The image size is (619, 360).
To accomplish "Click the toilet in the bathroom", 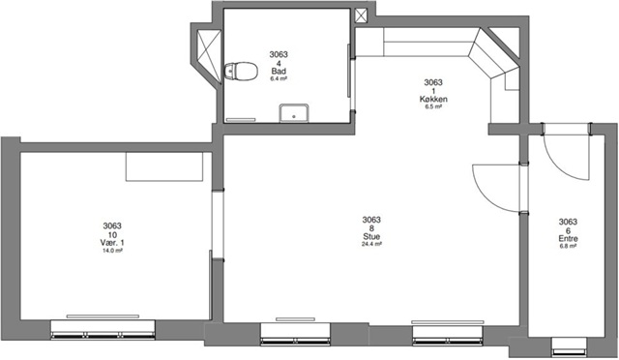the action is tap(241, 72).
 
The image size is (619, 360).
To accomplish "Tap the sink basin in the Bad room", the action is tap(294, 113).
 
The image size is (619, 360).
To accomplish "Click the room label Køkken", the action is tap(433, 99).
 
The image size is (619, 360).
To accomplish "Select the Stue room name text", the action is tap(371, 237).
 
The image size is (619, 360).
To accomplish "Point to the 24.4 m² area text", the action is tap(371, 244).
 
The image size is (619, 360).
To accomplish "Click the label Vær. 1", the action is tap(112, 243).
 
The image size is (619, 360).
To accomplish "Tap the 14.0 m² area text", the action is tap(112, 250).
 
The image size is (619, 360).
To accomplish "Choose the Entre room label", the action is tap(568, 239).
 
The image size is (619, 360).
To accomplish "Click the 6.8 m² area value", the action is tap(568, 246).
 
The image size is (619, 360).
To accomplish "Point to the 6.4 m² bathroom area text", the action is tap(279, 78).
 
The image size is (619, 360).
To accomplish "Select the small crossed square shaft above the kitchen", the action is tap(361, 15).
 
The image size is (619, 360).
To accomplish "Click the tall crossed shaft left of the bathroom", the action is tap(209, 56).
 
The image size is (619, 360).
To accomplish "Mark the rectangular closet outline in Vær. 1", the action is tap(164, 166).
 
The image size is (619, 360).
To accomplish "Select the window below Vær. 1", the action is tap(103, 330).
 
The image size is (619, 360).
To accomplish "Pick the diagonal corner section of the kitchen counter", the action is tap(490, 53).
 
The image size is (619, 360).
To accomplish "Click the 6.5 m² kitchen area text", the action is tap(433, 106).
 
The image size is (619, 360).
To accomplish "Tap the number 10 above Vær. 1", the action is tap(112, 234).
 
